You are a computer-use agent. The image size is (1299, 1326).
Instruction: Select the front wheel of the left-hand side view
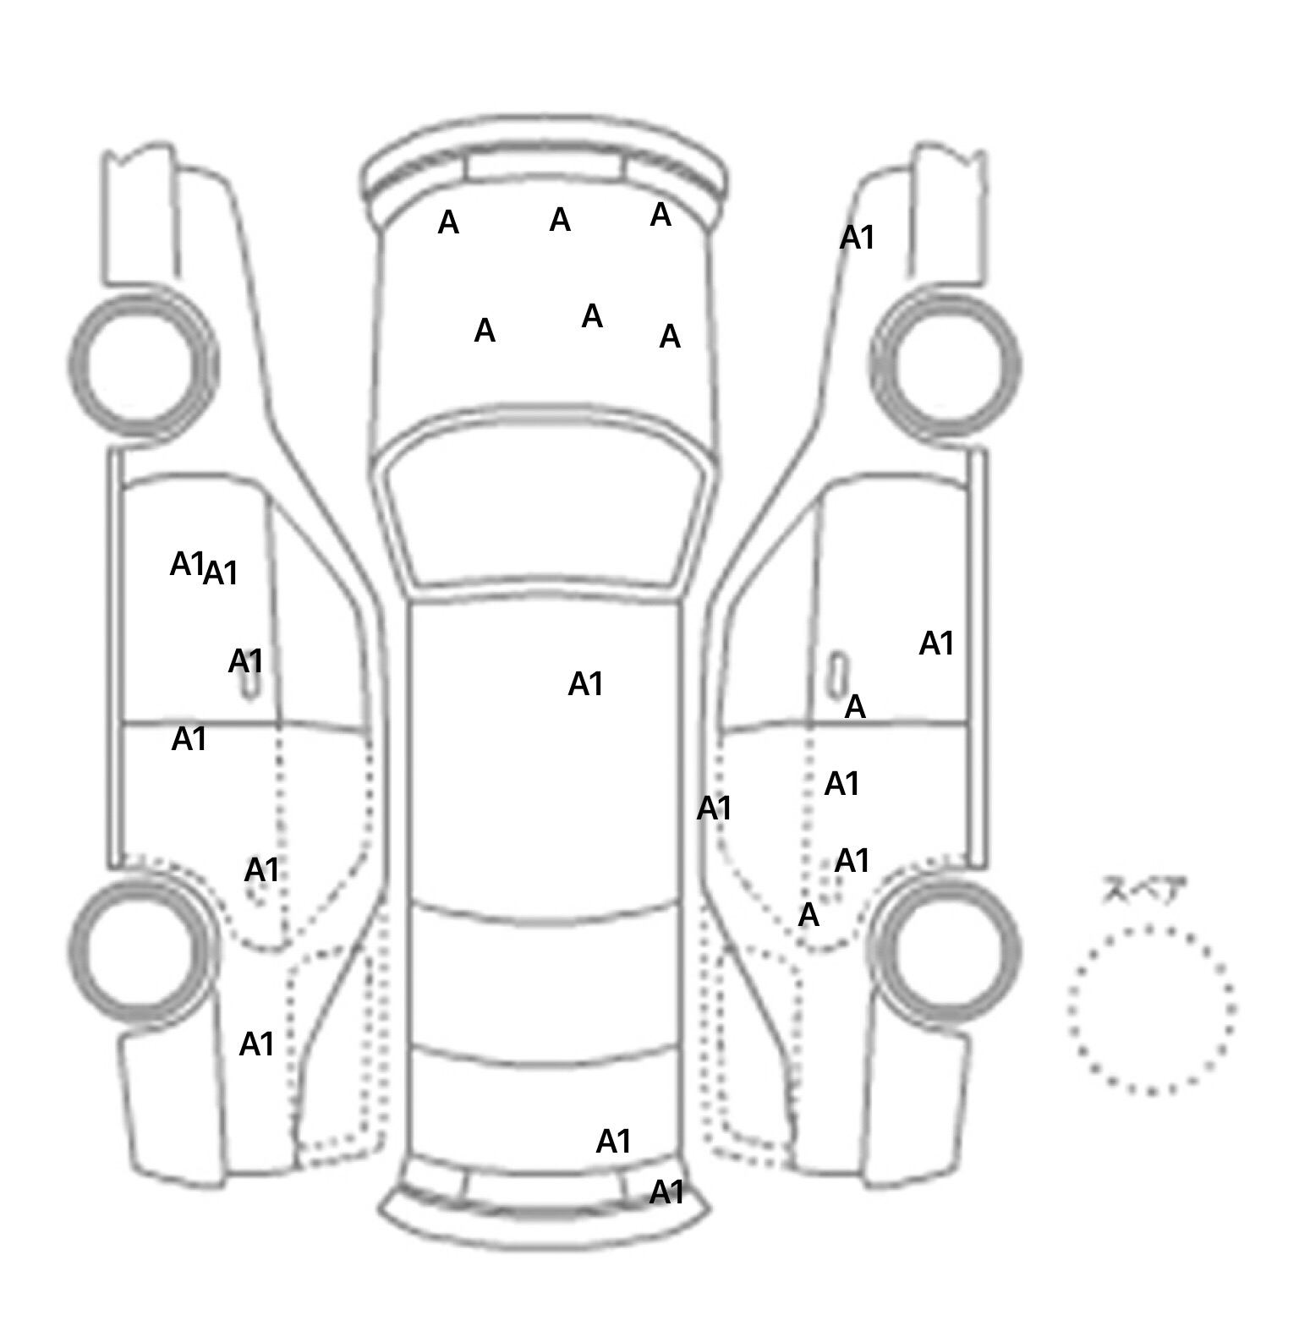pyautogui.click(x=142, y=365)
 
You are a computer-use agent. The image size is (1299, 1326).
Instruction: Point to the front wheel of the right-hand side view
pyautogui.click(x=945, y=366)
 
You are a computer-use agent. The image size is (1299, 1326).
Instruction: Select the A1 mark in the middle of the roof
pyautogui.click(x=585, y=684)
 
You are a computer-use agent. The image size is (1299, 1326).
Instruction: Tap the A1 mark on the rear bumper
pyautogui.click(x=666, y=1192)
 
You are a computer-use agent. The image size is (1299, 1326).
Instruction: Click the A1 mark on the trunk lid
pyautogui.click(x=613, y=1142)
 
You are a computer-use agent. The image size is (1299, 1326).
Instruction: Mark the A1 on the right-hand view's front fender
pyautogui.click(x=856, y=238)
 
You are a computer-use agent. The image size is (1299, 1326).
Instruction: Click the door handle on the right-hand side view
pyautogui.click(x=837, y=672)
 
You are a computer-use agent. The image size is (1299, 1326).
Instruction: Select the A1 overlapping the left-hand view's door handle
pyautogui.click(x=245, y=661)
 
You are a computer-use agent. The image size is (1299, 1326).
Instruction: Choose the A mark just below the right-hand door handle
pyautogui.click(x=855, y=707)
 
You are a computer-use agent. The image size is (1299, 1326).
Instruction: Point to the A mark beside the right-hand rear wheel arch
pyautogui.click(x=808, y=915)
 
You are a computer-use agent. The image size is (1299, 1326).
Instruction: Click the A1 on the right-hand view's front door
pyautogui.click(x=936, y=644)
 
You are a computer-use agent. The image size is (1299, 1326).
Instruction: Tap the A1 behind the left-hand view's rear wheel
pyautogui.click(x=256, y=1044)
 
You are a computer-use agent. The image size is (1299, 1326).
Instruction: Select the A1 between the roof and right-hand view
pyautogui.click(x=713, y=809)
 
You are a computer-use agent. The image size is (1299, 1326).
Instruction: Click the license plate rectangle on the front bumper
pyautogui.click(x=544, y=166)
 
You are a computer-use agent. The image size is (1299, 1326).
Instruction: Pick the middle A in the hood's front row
pyautogui.click(x=560, y=221)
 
